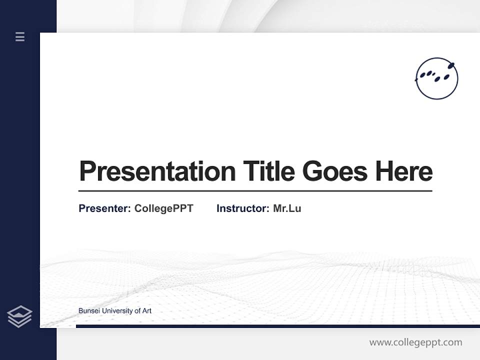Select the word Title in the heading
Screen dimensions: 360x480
coord(268,171)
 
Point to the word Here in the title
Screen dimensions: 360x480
coord(404,171)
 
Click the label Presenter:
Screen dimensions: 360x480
coord(104,208)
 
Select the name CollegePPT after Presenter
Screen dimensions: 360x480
coord(163,208)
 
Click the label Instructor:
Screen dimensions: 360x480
coord(242,208)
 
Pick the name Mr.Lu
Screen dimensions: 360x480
coord(287,208)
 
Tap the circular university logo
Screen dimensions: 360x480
coord(436,78)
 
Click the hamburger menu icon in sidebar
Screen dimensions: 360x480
coord(20,36)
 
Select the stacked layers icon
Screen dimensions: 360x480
coord(19,316)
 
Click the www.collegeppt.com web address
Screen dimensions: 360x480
coord(415,342)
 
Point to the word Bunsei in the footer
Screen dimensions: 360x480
coord(88,311)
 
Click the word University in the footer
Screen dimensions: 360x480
coord(116,311)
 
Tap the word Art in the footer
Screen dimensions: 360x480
coord(146,311)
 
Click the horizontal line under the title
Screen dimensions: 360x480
coord(255,191)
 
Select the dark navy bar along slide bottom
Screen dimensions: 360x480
coord(277,326)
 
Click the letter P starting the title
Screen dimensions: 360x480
coord(87,171)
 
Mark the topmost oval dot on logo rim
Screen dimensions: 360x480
coord(450,65)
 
